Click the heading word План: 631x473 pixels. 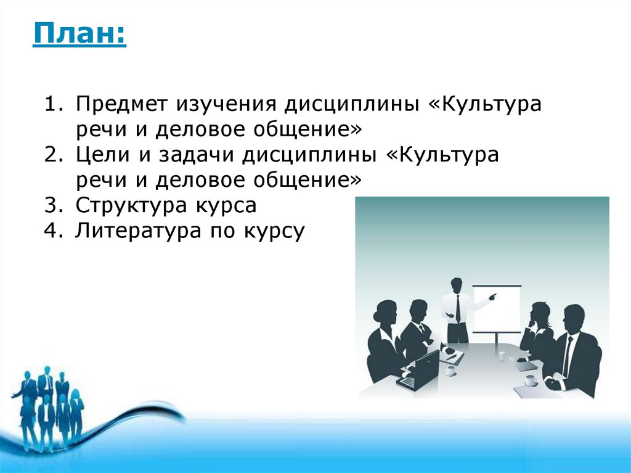pos(79,33)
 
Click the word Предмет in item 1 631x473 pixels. pos(121,104)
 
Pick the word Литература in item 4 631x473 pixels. pos(138,231)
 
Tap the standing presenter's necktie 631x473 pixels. pos(458,308)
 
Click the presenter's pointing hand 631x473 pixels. pos(492,297)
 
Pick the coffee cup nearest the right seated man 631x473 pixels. pos(531,379)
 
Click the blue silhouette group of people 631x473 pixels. pos(48,407)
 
